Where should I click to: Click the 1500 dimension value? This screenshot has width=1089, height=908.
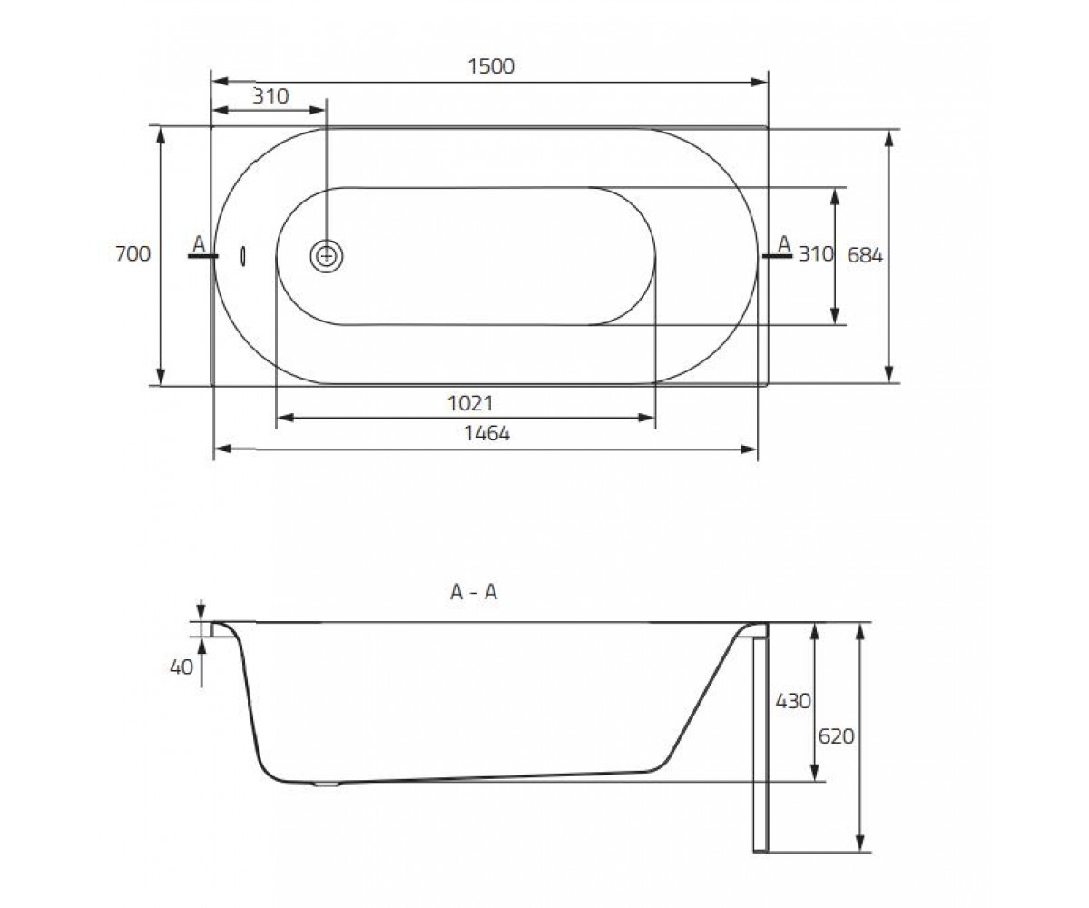coord(491,66)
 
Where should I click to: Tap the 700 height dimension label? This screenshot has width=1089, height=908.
coord(133,253)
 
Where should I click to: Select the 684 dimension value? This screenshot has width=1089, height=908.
coord(865,255)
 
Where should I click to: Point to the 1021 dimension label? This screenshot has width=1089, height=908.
coord(470,403)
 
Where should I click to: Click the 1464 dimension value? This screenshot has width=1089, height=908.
coord(486,433)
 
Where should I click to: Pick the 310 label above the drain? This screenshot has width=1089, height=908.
coord(270,96)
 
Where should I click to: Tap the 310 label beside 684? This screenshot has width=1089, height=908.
coord(816,254)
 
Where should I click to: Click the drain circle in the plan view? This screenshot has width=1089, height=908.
coord(327,256)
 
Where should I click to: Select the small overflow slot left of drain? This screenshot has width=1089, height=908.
coord(243,256)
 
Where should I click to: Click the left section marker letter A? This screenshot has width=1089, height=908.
coord(200,243)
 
